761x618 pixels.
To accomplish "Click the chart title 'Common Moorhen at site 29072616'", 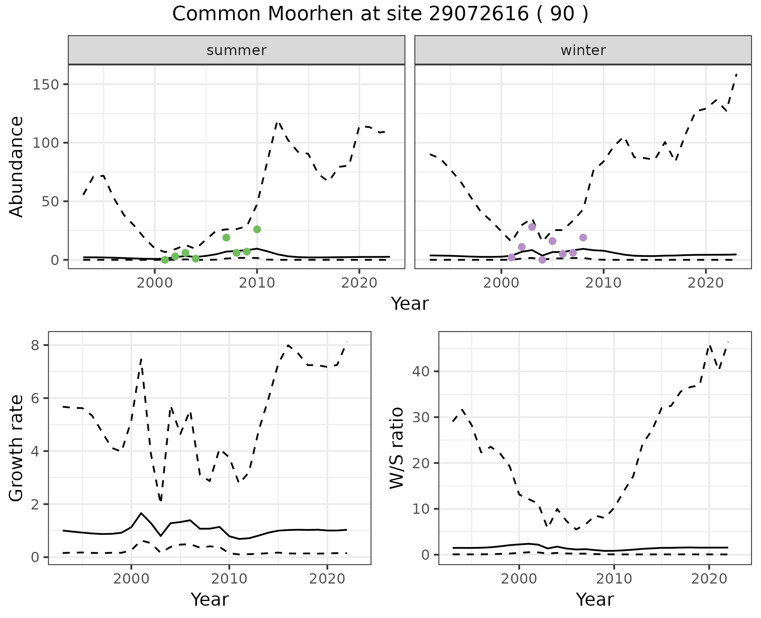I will [x=380, y=14].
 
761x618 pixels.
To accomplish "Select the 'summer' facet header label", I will [x=236, y=50].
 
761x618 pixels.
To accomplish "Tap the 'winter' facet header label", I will [x=583, y=50].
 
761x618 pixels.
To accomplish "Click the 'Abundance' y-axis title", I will [x=17, y=166].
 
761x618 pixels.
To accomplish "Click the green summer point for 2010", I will [x=257, y=229].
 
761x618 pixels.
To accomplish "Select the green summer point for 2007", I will [x=226, y=238].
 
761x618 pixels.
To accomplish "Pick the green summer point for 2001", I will [x=165, y=260].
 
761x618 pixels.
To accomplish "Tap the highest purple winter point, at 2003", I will [x=532, y=227].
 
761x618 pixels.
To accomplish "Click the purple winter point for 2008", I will [x=583, y=238].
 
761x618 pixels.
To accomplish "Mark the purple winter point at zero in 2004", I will [x=542, y=260].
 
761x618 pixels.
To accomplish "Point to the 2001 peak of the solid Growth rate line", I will [x=141, y=513].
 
